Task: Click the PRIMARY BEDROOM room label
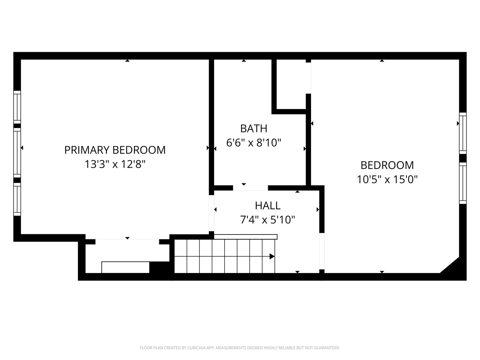tap(115, 150)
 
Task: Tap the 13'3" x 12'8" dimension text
tap(115, 164)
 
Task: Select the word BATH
tap(254, 129)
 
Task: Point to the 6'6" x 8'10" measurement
tap(254, 143)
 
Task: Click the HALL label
tap(268, 205)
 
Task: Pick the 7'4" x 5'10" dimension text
tap(268, 220)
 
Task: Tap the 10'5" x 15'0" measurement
tap(387, 180)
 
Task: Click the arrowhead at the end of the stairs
tap(272, 256)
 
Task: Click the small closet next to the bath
tap(291, 84)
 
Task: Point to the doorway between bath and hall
tap(250, 188)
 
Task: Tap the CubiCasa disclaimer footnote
tap(240, 348)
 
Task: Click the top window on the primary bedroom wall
tap(17, 107)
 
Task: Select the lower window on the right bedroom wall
tap(463, 183)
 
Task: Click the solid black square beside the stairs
tap(159, 267)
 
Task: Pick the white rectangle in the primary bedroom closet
tap(125, 267)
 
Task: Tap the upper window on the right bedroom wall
tap(463, 133)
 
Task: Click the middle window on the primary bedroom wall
tap(17, 153)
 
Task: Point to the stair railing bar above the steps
tap(245, 237)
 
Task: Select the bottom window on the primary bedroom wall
tap(17, 199)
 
